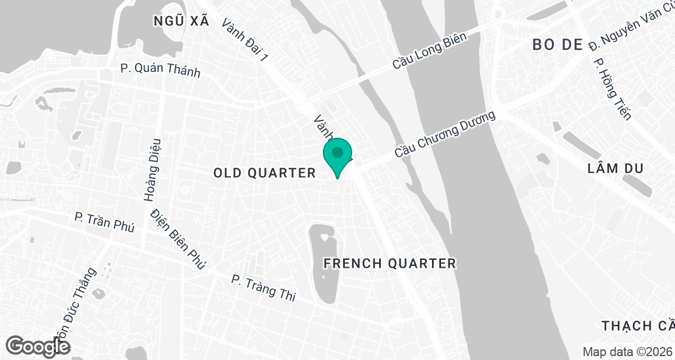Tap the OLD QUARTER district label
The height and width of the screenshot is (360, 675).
[264, 173]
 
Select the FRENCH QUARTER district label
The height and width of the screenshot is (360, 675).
[390, 263]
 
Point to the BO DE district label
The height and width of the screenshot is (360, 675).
[557, 45]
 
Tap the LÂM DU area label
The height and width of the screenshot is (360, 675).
[614, 168]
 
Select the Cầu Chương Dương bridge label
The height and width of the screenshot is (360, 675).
[444, 134]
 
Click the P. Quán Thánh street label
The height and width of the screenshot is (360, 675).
[160, 70]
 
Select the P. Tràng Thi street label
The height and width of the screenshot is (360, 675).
[263, 287]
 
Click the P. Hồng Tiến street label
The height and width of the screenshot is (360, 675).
[613, 88]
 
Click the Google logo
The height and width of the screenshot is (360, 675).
[38, 346]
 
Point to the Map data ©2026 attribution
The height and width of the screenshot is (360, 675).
[627, 352]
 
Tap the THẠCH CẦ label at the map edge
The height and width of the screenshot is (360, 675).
[637, 326]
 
